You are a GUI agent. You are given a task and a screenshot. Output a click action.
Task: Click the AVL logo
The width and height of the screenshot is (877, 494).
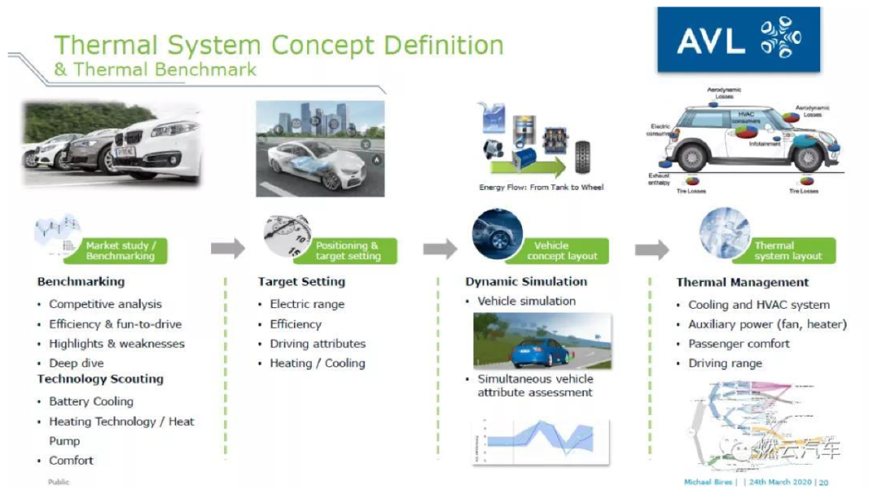click(x=738, y=41)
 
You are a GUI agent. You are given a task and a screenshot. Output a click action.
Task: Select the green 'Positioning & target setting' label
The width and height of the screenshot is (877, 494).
click(x=347, y=250)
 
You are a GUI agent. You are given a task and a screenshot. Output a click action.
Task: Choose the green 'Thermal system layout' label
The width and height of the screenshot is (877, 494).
click(x=787, y=250)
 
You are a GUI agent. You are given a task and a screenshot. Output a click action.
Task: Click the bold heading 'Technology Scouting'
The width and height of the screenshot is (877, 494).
click(x=100, y=379)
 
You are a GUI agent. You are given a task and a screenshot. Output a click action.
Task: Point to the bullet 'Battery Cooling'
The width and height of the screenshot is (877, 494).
click(x=91, y=401)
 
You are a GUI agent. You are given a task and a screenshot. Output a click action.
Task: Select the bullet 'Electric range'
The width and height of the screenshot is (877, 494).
click(x=307, y=304)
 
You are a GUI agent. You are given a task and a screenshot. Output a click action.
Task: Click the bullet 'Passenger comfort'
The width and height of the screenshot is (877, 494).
click(x=739, y=344)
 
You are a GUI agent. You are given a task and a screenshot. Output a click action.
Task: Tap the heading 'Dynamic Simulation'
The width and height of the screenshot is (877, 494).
click(x=526, y=282)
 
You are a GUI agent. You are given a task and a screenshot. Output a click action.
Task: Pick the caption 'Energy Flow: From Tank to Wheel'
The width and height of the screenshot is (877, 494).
click(x=541, y=187)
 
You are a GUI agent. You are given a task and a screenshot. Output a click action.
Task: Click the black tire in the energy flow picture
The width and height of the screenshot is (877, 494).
click(x=582, y=156)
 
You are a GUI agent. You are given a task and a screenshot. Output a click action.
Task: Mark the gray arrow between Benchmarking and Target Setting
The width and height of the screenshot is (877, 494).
click(x=227, y=249)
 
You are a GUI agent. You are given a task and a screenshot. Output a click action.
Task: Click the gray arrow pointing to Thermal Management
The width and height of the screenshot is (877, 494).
click(x=651, y=249)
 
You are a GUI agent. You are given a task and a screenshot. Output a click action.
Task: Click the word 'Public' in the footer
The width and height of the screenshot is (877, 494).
click(x=58, y=482)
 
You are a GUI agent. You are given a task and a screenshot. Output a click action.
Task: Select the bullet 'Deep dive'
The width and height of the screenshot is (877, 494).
click(x=72, y=363)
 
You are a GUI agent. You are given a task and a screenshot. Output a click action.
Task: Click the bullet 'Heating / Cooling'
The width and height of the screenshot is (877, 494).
click(x=318, y=363)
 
